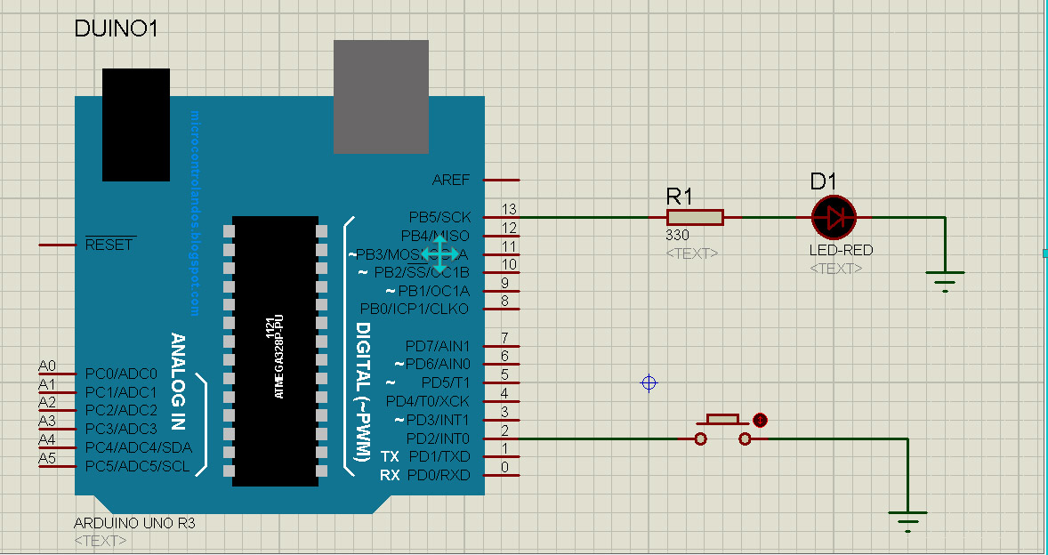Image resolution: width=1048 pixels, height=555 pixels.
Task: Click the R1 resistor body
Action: (695, 217)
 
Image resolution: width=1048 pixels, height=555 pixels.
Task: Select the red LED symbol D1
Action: (834, 217)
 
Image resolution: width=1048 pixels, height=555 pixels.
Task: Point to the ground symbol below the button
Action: (907, 519)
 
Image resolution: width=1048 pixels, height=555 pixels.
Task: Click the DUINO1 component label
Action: (117, 29)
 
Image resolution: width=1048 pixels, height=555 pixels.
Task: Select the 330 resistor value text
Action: (677, 237)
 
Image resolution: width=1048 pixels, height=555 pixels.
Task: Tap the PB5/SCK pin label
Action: (439, 217)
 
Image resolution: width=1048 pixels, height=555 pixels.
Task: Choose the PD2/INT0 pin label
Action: (438, 438)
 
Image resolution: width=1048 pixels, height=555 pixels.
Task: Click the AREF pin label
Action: (450, 180)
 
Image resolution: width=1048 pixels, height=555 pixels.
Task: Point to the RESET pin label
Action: (109, 245)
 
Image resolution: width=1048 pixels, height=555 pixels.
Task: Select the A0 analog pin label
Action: (47, 366)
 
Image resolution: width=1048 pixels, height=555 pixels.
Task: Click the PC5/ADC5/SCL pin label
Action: (137, 466)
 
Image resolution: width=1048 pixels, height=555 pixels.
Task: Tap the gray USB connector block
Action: (381, 96)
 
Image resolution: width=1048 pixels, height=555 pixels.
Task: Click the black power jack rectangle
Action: (135, 125)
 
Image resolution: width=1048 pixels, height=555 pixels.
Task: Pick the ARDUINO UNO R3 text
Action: (134, 523)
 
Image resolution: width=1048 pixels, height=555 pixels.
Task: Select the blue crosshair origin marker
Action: (649, 383)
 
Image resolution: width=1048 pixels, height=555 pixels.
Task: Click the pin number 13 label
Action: (508, 209)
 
